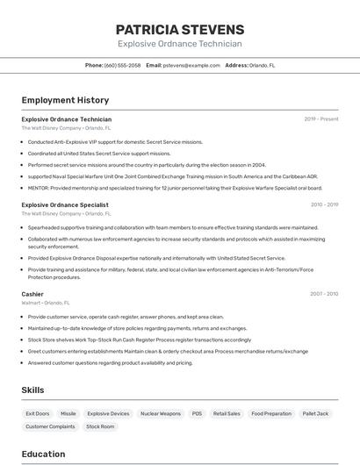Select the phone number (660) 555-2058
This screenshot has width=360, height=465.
point(122,65)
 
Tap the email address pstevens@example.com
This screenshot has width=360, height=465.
point(191,65)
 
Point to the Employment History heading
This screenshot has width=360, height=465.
point(65,100)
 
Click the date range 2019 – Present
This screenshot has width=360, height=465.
point(321,118)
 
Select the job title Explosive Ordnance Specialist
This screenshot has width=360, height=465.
point(65,204)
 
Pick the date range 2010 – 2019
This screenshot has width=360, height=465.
point(324,204)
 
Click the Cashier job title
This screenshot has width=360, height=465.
point(32,294)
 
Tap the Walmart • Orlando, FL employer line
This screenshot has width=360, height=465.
point(46,303)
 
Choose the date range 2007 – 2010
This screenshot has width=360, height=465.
point(324,294)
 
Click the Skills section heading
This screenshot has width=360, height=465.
point(32,390)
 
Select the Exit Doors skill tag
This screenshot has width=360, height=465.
point(38,413)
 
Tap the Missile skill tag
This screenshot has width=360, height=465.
point(68,413)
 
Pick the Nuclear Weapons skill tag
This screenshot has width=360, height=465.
point(161,413)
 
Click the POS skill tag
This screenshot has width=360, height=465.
point(197,413)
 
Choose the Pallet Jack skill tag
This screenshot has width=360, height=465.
point(315,413)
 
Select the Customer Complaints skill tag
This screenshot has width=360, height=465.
point(50,426)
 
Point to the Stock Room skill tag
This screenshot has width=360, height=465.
point(100,426)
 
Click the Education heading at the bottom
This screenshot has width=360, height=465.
point(43,454)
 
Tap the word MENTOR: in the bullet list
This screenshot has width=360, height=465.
point(39,187)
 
